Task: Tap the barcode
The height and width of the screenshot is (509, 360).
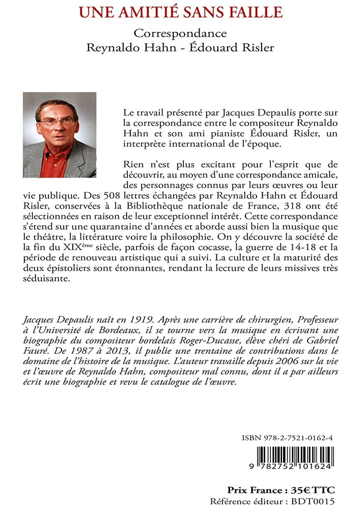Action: tap(294, 456)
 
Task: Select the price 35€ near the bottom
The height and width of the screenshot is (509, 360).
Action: tap(300, 490)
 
